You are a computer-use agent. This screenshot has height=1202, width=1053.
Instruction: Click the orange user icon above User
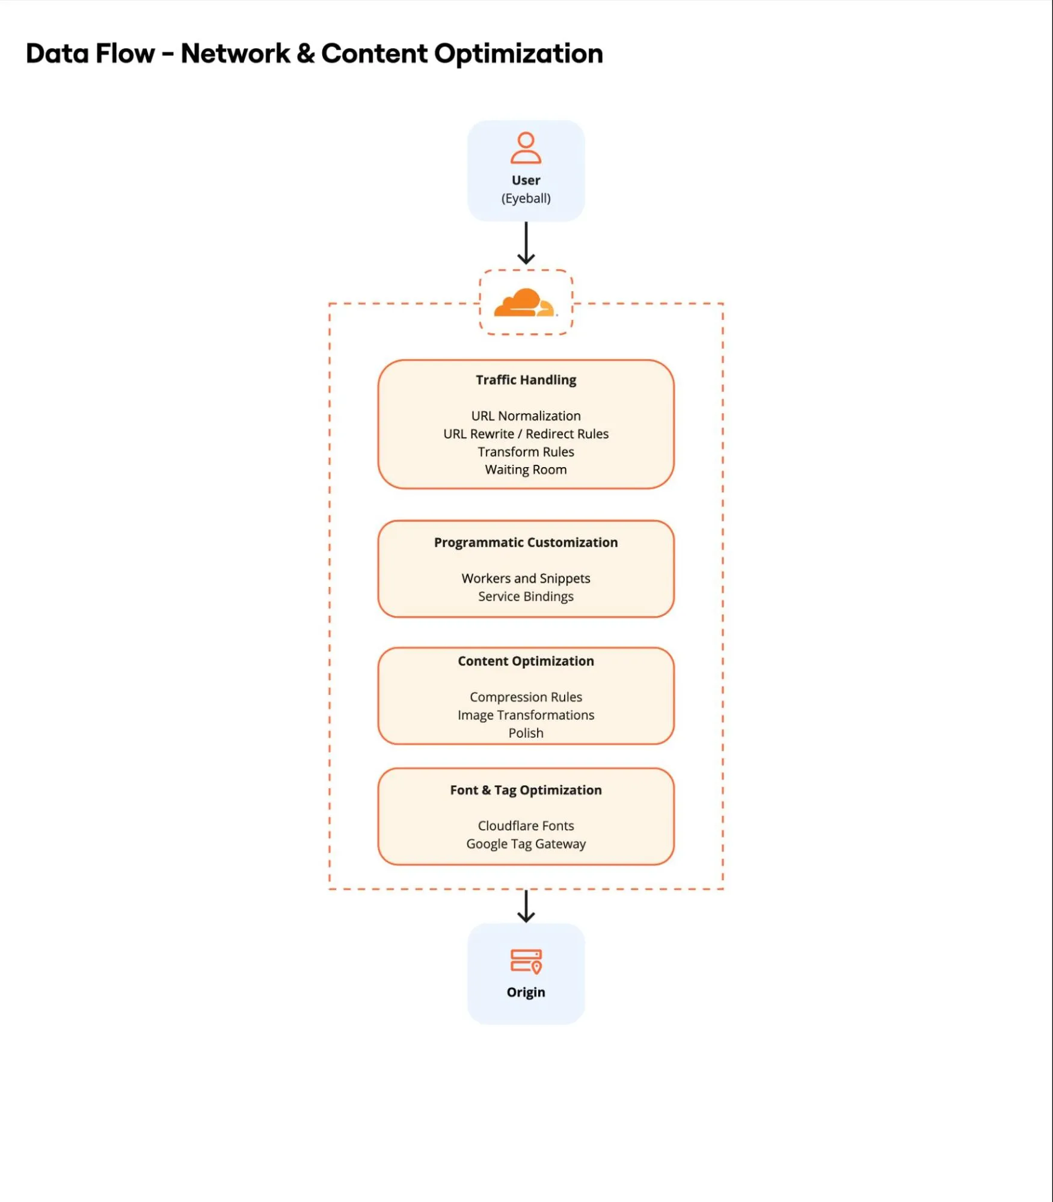[526, 148]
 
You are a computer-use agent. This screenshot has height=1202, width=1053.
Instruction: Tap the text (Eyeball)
[526, 198]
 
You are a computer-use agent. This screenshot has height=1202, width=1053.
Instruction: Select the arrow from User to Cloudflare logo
[526, 244]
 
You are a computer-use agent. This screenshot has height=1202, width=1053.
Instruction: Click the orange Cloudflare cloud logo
[524, 302]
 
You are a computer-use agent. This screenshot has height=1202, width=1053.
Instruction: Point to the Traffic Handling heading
[526, 380]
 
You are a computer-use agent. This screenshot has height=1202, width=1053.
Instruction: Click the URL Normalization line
[526, 416]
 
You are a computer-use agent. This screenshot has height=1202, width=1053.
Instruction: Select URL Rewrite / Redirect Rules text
[526, 434]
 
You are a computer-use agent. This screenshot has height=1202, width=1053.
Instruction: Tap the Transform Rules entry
[526, 452]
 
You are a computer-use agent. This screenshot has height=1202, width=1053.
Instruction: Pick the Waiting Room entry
[526, 470]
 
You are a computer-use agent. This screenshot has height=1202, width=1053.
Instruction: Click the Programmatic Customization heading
[526, 543]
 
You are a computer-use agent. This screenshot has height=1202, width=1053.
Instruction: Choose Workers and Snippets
[526, 578]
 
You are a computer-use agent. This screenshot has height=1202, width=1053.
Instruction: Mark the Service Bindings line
[526, 596]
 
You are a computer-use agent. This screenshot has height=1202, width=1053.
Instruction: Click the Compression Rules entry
[526, 698]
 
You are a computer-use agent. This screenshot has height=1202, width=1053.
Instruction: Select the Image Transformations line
[526, 716]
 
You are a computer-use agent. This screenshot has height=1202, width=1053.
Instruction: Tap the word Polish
[526, 734]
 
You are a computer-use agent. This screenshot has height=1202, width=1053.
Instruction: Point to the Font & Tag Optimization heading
[526, 791]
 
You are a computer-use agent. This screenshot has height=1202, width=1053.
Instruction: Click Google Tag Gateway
[526, 844]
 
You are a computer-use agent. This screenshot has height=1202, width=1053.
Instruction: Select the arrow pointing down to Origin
[526, 907]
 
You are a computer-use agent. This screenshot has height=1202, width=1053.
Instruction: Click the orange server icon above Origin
[526, 961]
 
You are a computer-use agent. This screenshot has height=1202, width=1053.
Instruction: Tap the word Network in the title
[235, 54]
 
